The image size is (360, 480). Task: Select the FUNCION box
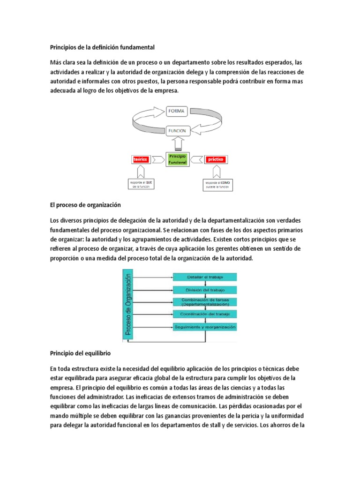click(177, 131)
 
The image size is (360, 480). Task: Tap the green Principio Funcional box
click(177, 159)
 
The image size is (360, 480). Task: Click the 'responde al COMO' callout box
click(216, 184)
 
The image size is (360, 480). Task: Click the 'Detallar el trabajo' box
click(205, 277)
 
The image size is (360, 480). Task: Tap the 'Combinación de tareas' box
click(205, 301)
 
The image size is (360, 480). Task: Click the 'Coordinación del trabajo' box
click(205, 314)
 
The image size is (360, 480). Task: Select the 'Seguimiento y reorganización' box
click(205, 326)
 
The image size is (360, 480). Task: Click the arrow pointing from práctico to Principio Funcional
click(196, 159)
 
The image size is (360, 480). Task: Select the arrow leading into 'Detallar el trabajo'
click(155, 277)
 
